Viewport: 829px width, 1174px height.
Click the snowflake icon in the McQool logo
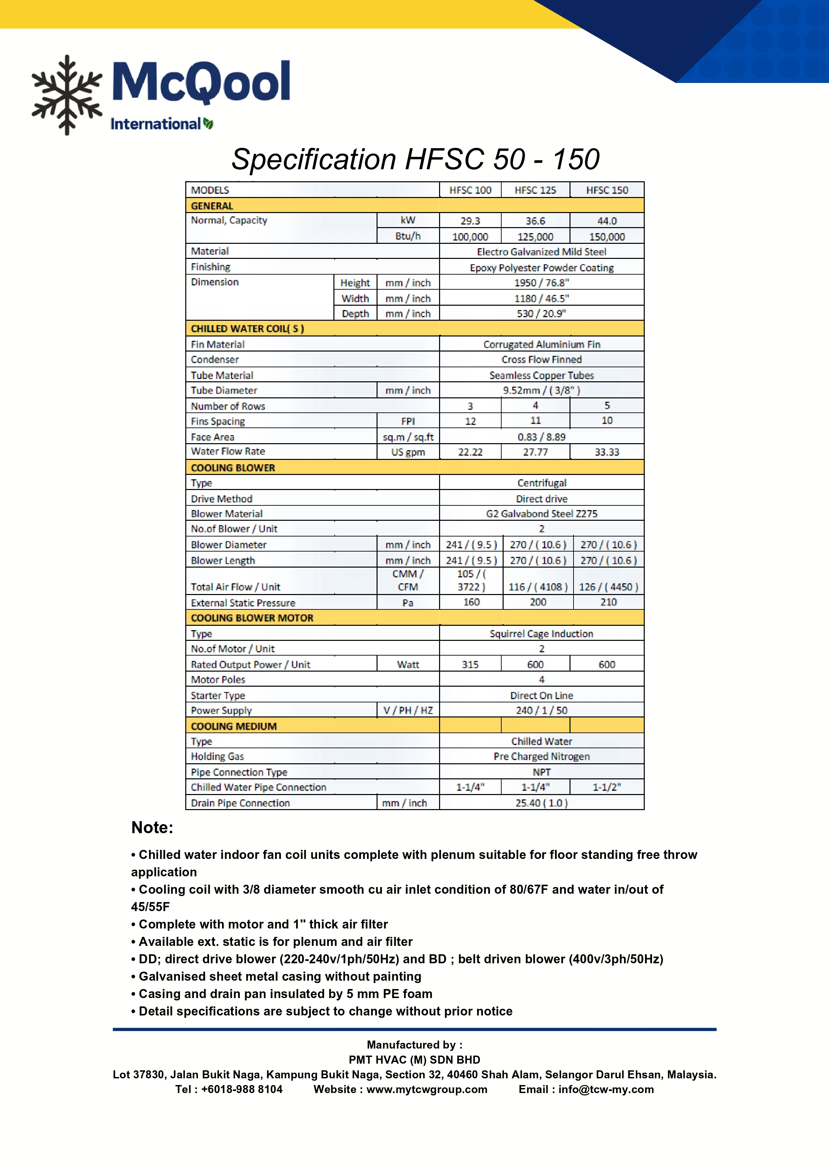(x=67, y=95)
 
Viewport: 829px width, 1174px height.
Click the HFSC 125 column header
(x=535, y=190)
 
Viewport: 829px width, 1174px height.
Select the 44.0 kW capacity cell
(x=607, y=221)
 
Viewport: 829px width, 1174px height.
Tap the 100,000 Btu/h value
(x=470, y=237)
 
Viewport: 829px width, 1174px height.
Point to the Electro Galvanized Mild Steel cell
(x=541, y=252)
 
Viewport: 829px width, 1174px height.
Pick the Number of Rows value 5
(x=607, y=405)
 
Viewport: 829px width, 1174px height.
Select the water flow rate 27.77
(x=535, y=452)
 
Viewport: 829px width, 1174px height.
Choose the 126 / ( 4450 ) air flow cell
(x=608, y=587)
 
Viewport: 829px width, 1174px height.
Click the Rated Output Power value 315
(x=470, y=664)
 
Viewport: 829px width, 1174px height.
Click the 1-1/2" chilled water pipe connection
(x=607, y=787)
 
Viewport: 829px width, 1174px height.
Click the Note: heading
(x=152, y=827)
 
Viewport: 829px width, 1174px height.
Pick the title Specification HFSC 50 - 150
(x=415, y=159)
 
